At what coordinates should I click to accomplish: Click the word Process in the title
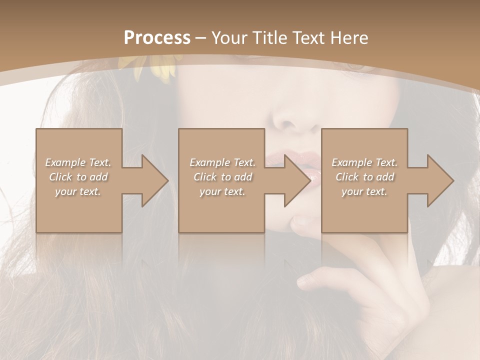157,37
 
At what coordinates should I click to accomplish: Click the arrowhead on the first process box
153,180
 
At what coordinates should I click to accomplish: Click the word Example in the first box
64,162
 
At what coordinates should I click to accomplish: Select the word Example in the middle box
208,162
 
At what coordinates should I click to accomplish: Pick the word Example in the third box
350,162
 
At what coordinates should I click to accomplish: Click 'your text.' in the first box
77,191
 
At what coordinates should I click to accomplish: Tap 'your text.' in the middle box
222,191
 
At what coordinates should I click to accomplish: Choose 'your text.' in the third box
364,191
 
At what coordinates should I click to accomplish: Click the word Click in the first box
60,177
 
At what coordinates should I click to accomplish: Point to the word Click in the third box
347,177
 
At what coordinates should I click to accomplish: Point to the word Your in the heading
224,37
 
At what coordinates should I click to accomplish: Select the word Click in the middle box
204,177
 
